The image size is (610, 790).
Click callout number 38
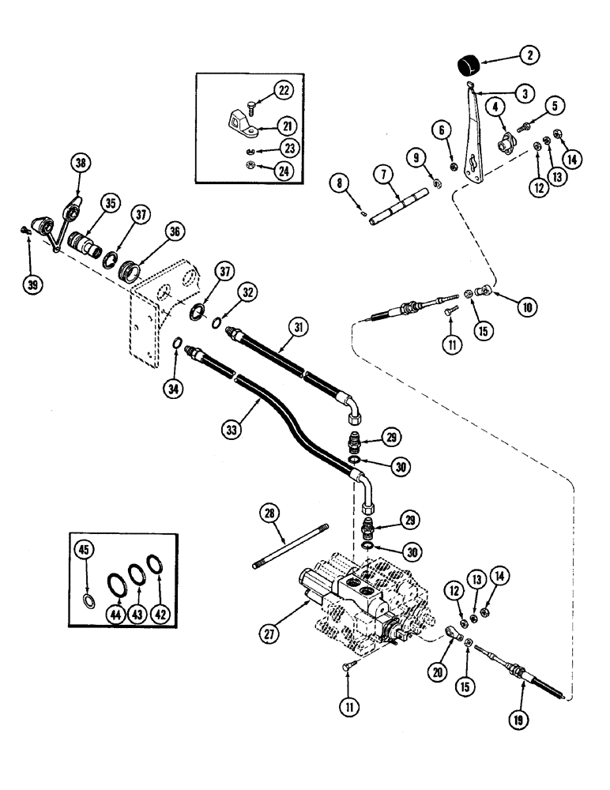pos(79,164)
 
